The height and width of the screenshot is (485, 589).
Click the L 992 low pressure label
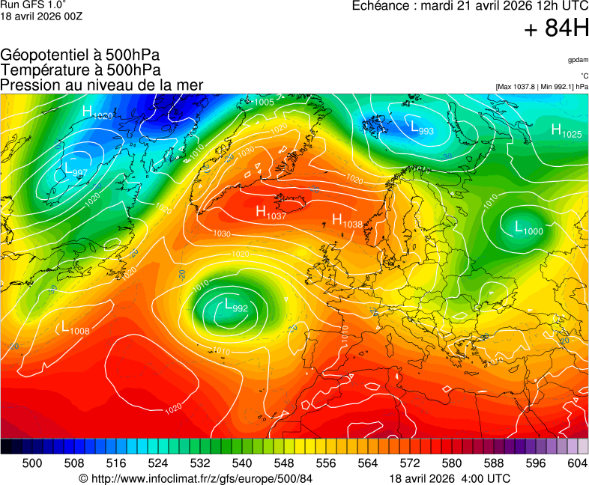pos(235,305)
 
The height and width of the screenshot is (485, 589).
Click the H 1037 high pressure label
pos(271,213)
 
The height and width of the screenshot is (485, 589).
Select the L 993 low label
pos(422,128)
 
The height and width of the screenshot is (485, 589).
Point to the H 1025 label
pos(567,131)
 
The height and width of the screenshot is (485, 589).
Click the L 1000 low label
pos(528,228)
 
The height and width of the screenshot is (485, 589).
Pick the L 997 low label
pos(75,170)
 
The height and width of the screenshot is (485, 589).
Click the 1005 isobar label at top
pos(265,102)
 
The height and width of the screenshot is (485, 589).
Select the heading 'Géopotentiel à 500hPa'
pos(80,55)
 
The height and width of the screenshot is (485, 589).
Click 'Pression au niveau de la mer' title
pos(102,85)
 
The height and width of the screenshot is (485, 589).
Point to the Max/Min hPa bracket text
pos(542,87)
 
